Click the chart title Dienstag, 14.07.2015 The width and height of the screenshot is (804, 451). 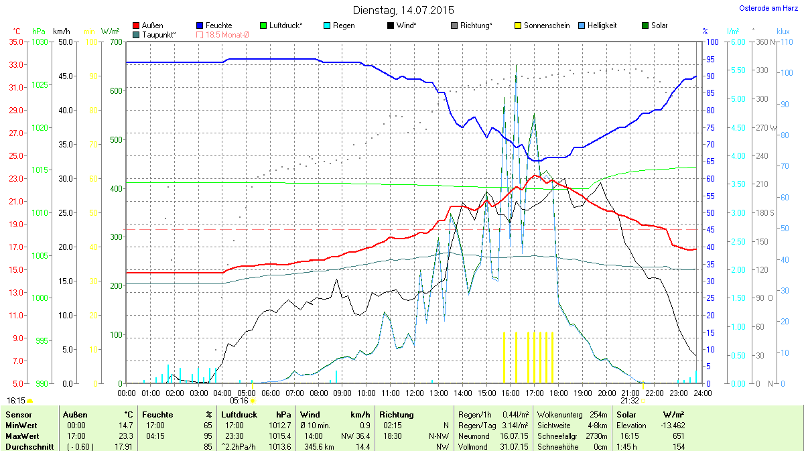[x=403, y=10]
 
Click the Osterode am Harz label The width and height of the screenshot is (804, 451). [x=766, y=8]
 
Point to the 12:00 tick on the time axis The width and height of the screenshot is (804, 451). [x=414, y=393]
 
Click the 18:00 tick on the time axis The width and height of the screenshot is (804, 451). [x=558, y=393]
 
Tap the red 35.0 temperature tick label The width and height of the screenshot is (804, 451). [x=17, y=42]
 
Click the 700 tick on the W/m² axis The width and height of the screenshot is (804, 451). [x=116, y=42]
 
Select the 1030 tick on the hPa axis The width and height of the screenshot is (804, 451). [x=40, y=42]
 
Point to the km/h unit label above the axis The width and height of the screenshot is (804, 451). [x=61, y=31]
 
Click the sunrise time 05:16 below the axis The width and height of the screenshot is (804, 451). [x=239, y=401]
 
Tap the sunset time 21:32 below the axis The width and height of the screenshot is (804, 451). [x=630, y=401]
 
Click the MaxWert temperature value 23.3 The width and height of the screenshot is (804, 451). [x=125, y=435]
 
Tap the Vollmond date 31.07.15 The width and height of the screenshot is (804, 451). [x=515, y=446]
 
